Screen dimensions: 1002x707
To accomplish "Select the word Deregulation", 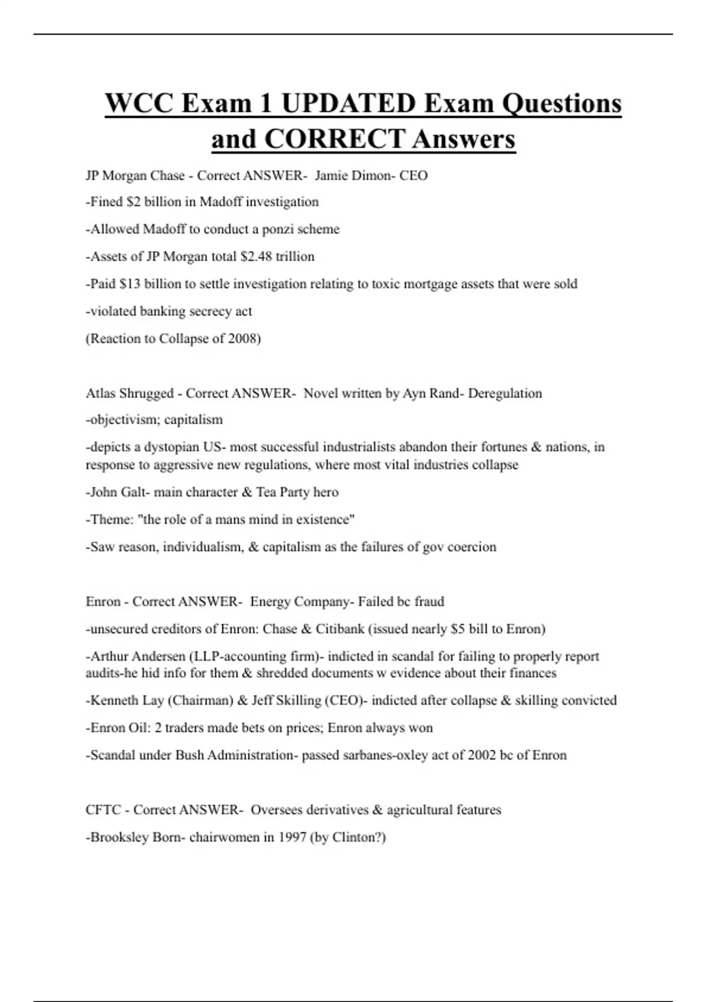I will pos(504,394).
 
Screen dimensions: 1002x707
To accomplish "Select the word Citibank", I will pos(340,629).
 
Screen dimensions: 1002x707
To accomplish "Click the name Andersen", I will pos(158,657).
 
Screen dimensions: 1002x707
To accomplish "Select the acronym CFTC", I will pos(103,810).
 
